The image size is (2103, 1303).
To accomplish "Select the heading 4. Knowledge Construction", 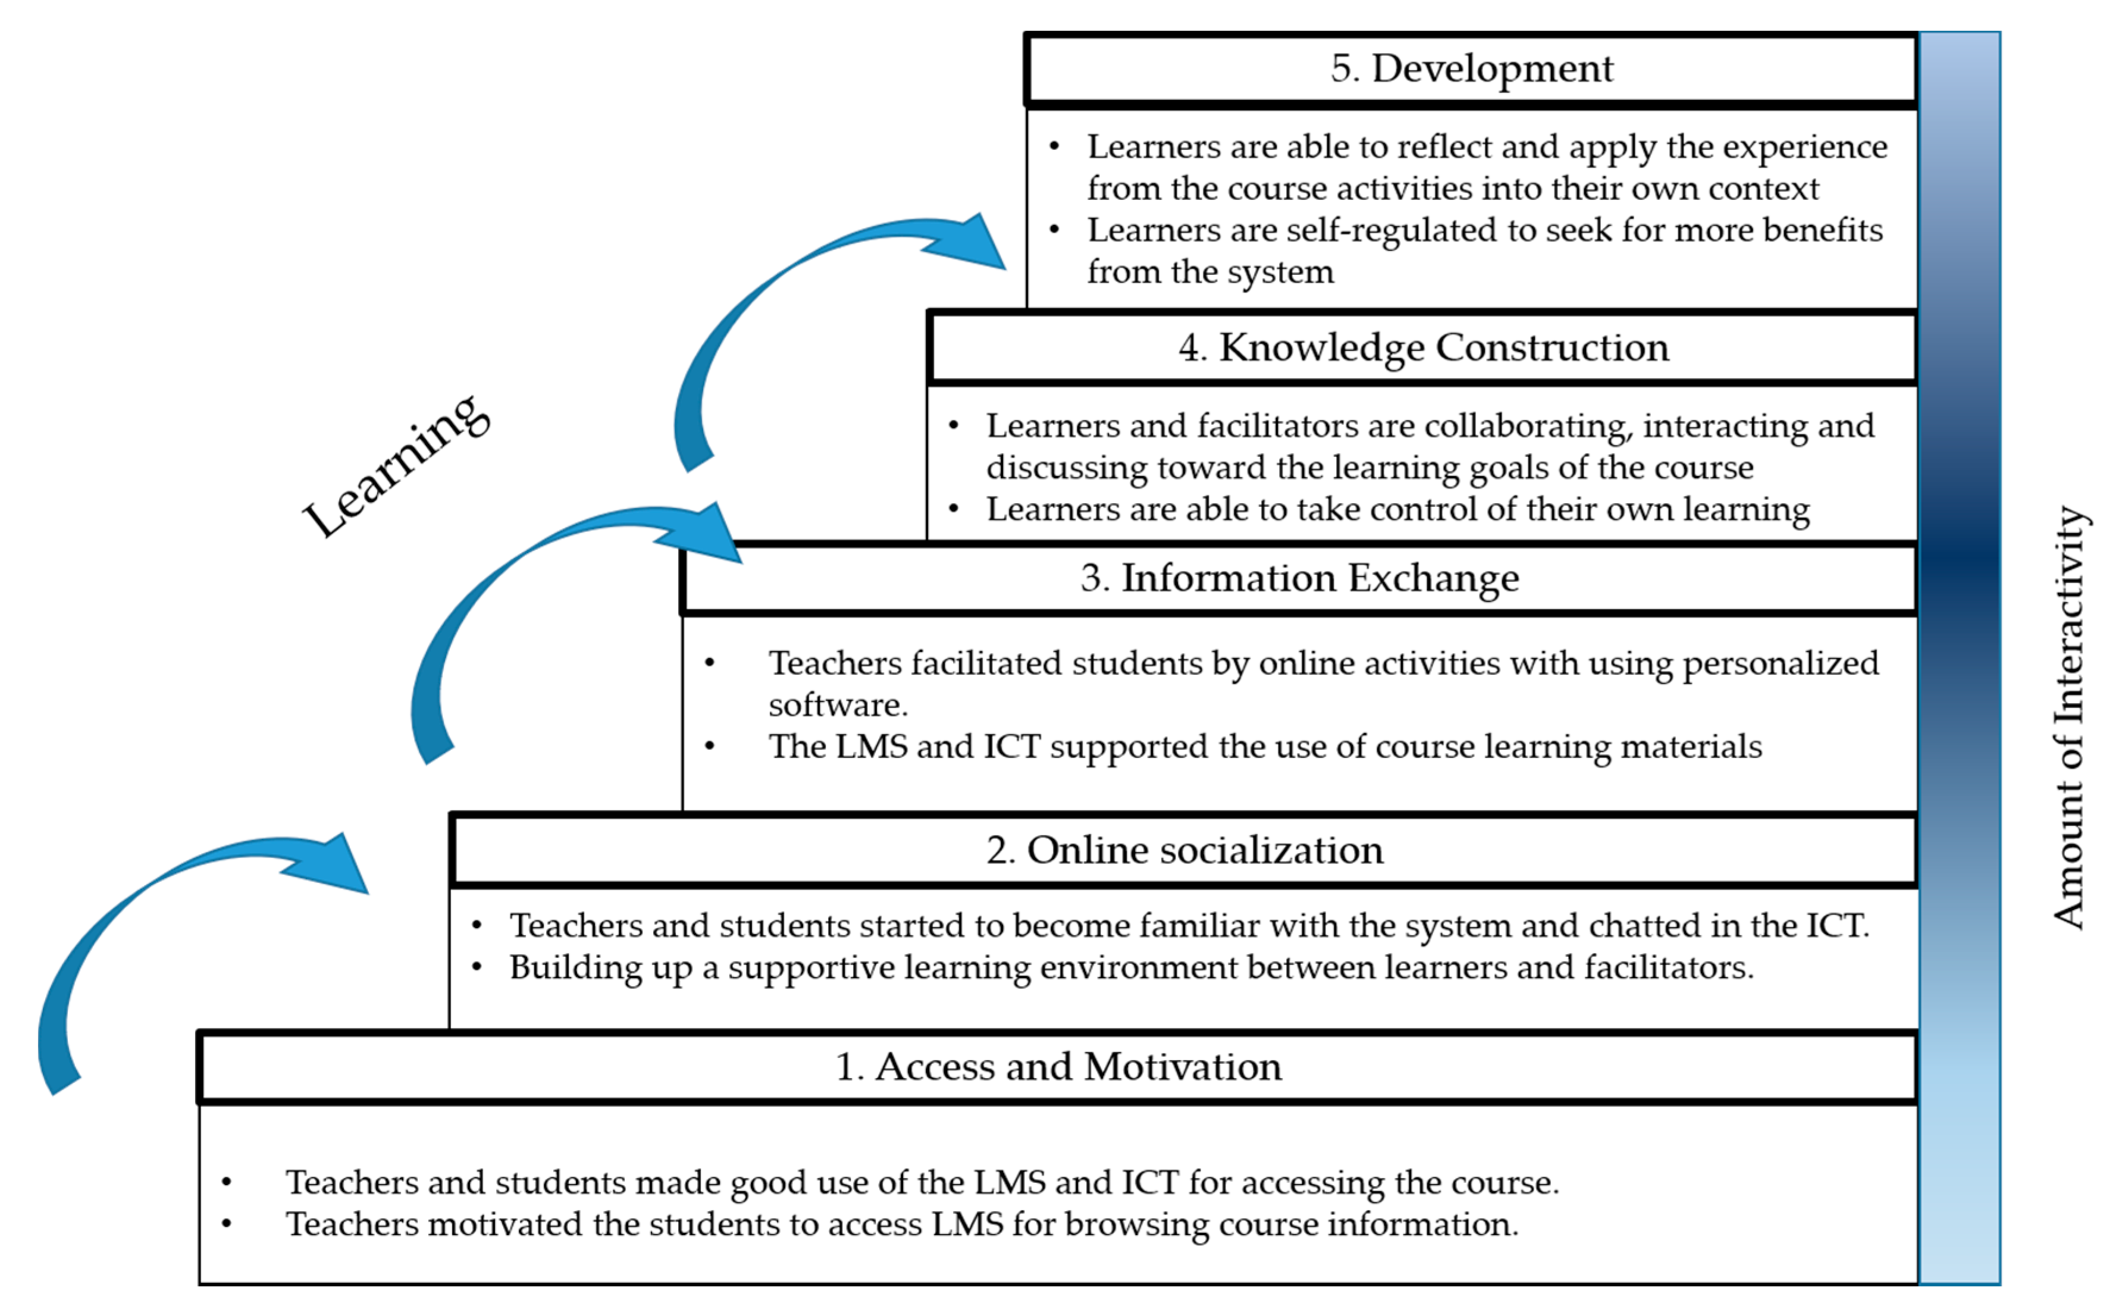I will click(x=1422, y=347).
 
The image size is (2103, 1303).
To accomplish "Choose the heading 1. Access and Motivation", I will click(x=1058, y=1066).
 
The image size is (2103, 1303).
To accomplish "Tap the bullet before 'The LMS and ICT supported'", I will click(x=709, y=746).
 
